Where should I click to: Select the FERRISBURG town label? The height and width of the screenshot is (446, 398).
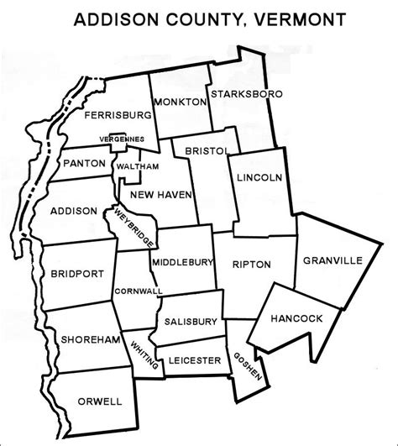point(118,114)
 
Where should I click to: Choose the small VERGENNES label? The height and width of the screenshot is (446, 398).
point(117,138)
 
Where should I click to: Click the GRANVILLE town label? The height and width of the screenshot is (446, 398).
point(333,261)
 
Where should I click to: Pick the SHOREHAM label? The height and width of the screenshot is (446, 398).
point(83,339)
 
